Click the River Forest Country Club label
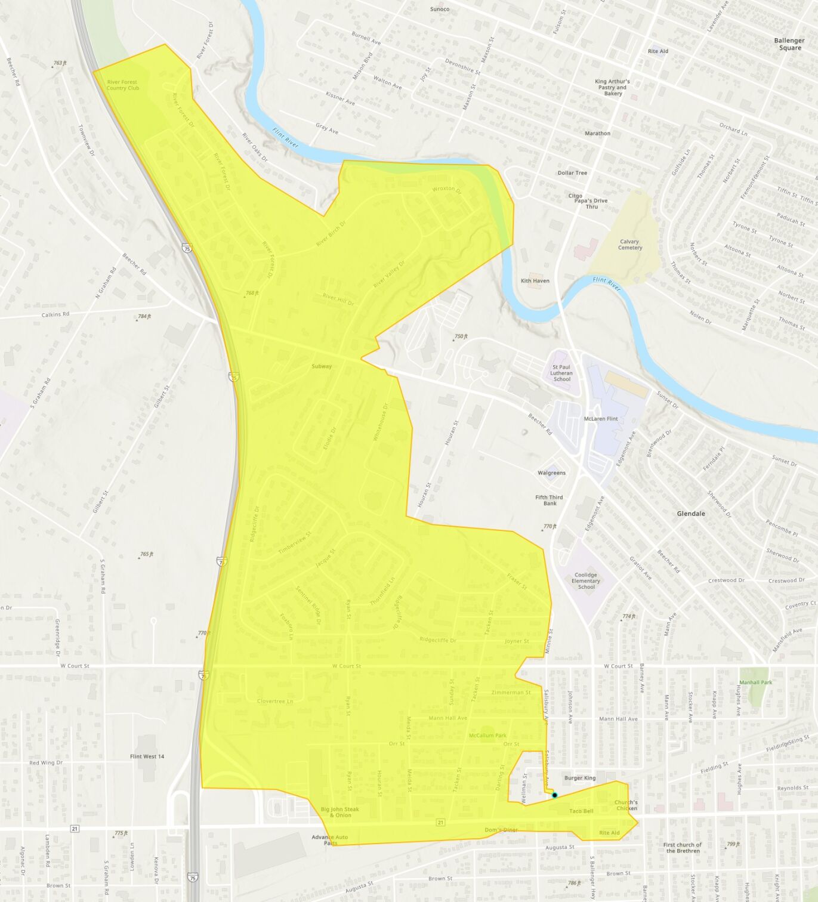[x=122, y=85]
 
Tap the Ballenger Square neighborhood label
[x=789, y=44]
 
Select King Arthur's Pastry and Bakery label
[x=613, y=88]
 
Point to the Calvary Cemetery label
[x=629, y=245]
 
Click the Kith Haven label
[x=535, y=280]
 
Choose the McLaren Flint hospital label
[x=600, y=419]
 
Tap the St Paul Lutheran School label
[x=561, y=373]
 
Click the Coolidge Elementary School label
[x=586, y=581]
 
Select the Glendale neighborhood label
[x=691, y=514]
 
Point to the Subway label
[x=322, y=366]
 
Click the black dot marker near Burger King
[x=554, y=795]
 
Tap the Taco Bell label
[x=581, y=811]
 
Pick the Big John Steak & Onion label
[x=340, y=813]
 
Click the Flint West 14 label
[x=147, y=756]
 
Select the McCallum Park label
[x=487, y=736]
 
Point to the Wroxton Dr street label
[x=447, y=189]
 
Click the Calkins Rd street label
[x=55, y=314]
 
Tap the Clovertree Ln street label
[x=275, y=701]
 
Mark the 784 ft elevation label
[x=144, y=317]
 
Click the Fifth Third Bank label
[x=549, y=501]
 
